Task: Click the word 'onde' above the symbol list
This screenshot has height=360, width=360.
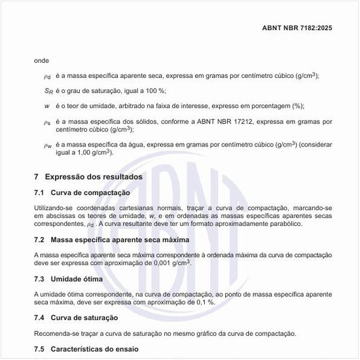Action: (x=42, y=60)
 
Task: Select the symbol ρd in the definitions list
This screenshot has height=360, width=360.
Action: (x=46, y=77)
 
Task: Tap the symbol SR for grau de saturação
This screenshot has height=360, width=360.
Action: (x=46, y=91)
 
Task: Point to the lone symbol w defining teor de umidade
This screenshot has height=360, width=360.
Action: (x=46, y=105)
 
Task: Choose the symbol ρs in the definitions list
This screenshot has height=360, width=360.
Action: (x=46, y=122)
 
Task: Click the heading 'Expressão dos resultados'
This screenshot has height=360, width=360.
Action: (x=94, y=177)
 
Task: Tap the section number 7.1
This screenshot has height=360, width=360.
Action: (x=39, y=193)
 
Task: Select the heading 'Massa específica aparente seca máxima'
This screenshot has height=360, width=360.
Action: (x=120, y=240)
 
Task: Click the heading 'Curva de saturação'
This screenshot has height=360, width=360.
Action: (x=84, y=317)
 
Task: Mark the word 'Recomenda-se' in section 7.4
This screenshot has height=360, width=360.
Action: (x=56, y=334)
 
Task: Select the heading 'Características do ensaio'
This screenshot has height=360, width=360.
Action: (x=94, y=350)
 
